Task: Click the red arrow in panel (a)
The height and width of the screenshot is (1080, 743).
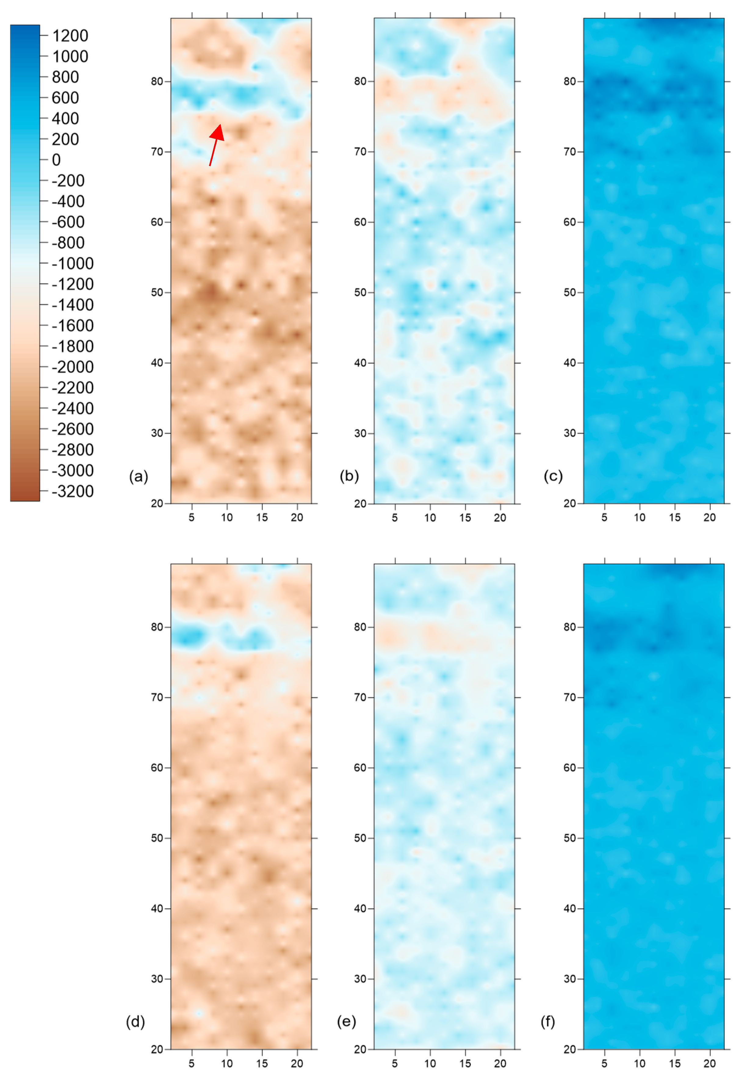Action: point(215,143)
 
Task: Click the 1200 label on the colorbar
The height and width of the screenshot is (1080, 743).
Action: point(70,35)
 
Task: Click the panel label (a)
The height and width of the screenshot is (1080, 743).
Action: point(138,476)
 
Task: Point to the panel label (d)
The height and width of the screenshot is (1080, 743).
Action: point(135,1022)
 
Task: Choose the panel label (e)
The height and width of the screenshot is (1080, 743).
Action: point(346,1022)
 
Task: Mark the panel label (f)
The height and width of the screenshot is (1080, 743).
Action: point(547,1022)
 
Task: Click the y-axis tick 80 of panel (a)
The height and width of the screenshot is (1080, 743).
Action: point(157,81)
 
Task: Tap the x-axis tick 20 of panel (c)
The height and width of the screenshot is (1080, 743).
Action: point(709,517)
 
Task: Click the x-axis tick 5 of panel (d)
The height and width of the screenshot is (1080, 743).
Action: point(191,1063)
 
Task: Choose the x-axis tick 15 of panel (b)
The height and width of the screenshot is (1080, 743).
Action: point(465,517)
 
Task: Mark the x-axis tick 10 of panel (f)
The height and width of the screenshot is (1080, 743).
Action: point(640,1063)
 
